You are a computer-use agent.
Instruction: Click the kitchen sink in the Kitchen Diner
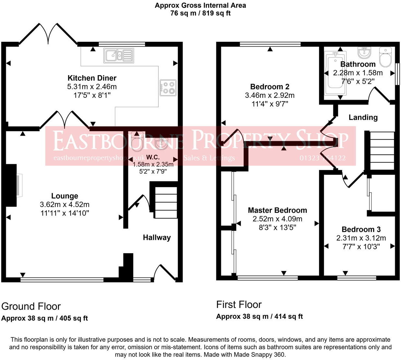[119, 56]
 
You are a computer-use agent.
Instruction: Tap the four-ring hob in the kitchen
[168, 88]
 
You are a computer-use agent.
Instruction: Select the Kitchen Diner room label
[92, 78]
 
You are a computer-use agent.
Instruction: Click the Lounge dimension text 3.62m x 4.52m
[64, 204]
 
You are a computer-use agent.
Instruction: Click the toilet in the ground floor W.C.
[137, 141]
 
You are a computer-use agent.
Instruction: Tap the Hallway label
[157, 237]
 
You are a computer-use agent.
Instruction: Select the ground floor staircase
[166, 203]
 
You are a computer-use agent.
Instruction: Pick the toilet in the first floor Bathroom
[385, 57]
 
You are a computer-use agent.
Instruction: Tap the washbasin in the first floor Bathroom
[364, 52]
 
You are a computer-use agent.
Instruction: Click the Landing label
[363, 117]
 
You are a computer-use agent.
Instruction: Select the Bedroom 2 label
[269, 87]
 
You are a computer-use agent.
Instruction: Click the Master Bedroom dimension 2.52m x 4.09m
[277, 219]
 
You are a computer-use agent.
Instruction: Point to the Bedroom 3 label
[361, 229]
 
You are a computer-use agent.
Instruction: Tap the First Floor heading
[239, 304]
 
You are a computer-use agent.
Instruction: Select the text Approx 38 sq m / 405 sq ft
[44, 318]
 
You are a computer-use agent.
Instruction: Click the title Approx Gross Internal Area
[200, 5]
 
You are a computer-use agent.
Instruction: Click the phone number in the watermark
[323, 158]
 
